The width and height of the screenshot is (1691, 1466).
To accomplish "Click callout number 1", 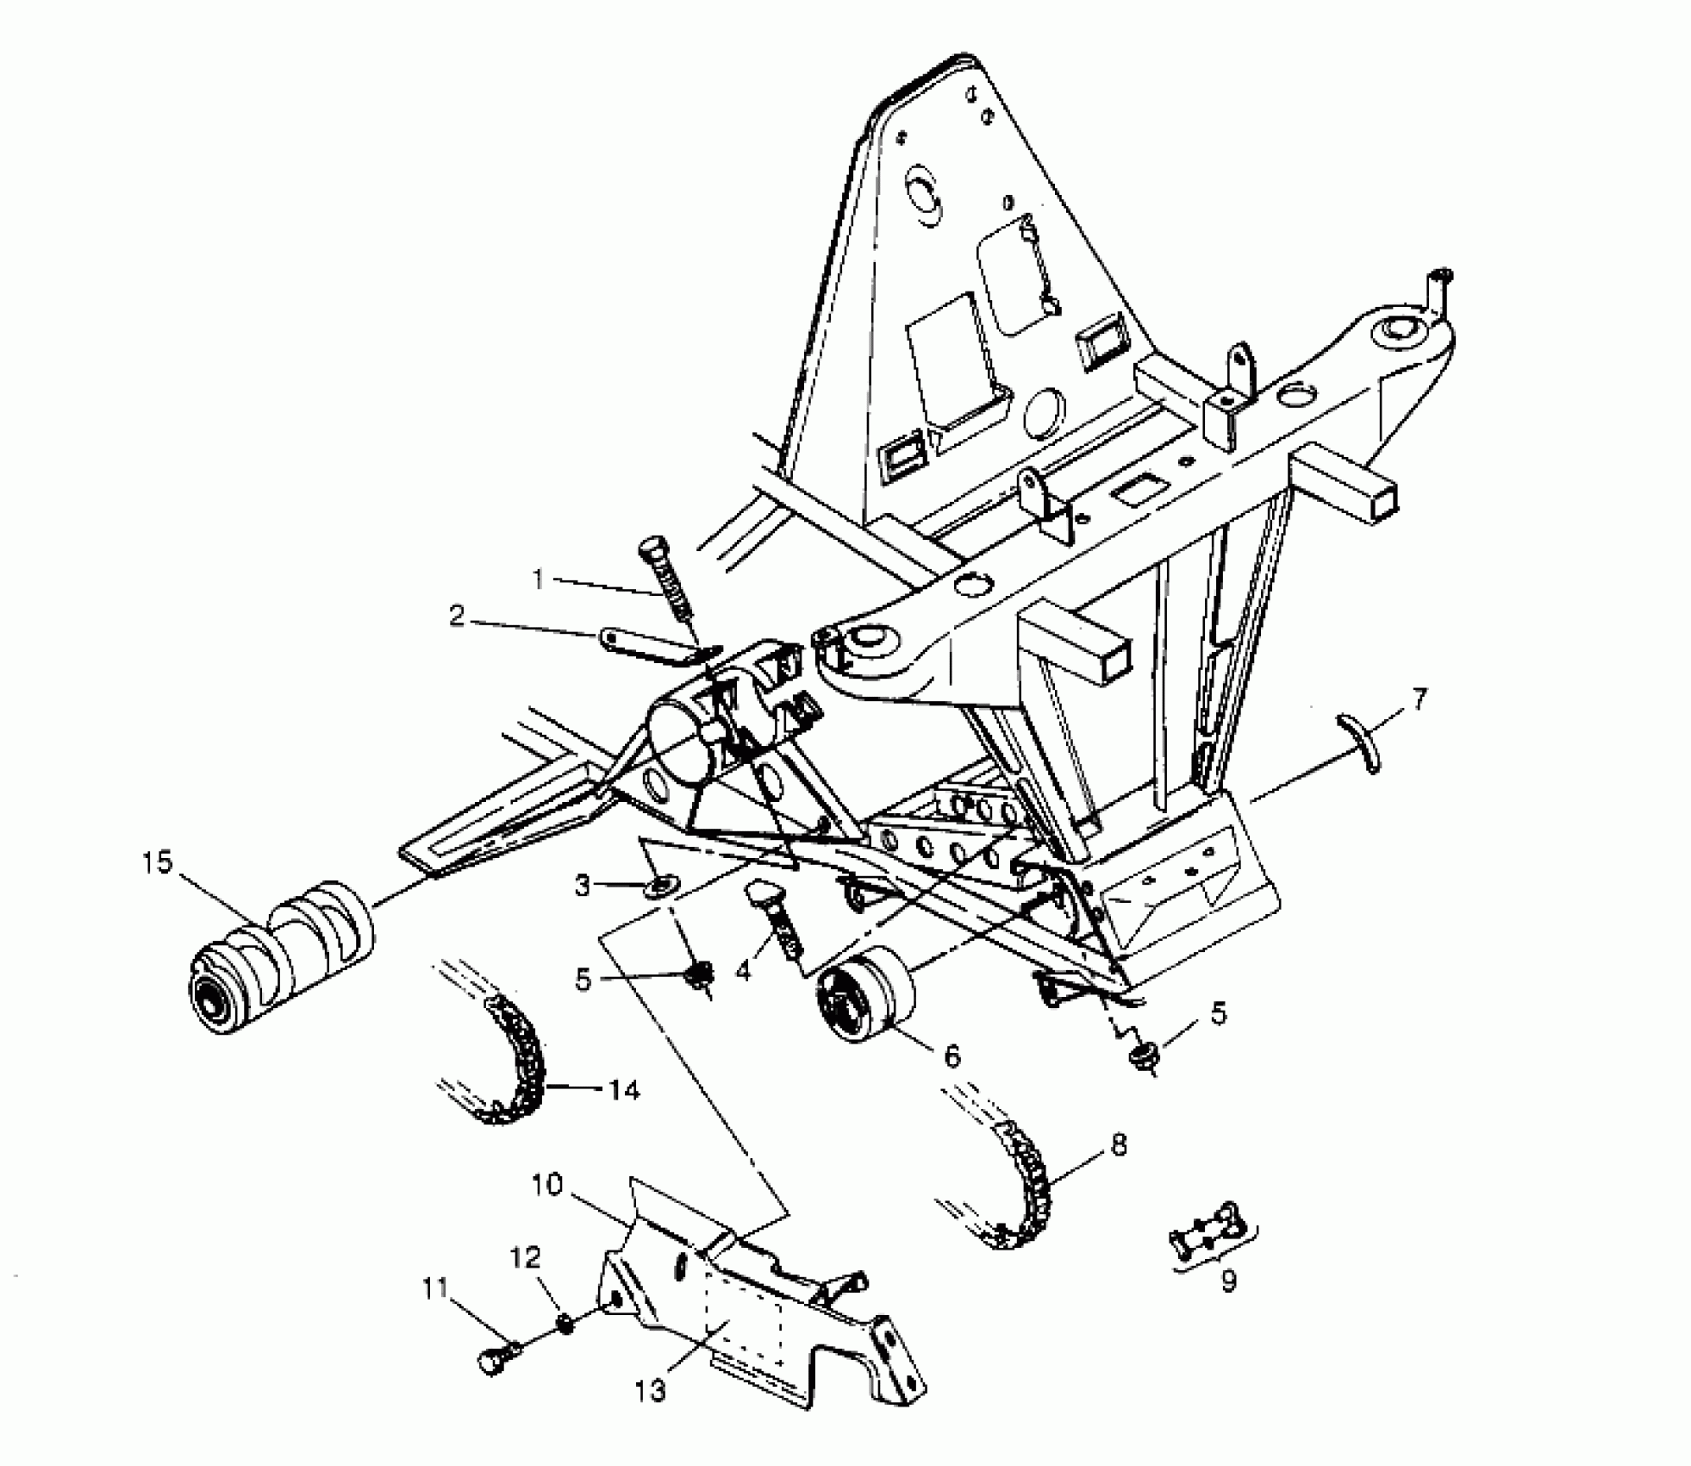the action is click(x=539, y=580).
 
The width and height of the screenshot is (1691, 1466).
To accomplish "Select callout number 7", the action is click(x=1419, y=698).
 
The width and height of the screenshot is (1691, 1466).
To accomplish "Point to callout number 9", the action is click(x=1228, y=1281).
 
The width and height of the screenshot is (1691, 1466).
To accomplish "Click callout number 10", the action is click(x=547, y=1185).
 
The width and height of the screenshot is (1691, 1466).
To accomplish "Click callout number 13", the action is click(x=652, y=1390).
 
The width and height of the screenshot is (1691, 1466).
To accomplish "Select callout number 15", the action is click(x=158, y=861).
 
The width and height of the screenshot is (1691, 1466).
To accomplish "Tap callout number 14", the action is click(x=623, y=1090).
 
